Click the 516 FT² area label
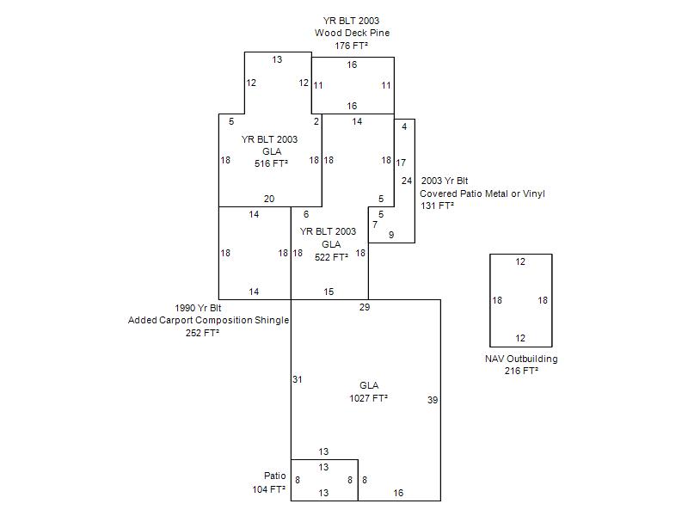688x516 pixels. tap(271, 163)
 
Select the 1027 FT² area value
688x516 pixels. tap(368, 398)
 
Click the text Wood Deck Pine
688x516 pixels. tap(351, 33)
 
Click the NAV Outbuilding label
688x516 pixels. tap(521, 359)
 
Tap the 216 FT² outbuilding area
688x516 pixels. tap(521, 371)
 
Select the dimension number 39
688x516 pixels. tap(433, 400)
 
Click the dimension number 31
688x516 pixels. tap(297, 379)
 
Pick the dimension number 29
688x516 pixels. tap(365, 307)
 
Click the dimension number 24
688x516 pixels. tap(407, 181)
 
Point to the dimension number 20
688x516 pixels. tap(269, 199)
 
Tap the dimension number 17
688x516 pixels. tap(401, 163)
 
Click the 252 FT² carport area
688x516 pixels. tap(202, 333)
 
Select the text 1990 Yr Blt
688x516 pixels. tap(198, 308)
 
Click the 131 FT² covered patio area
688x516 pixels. tap(436, 206)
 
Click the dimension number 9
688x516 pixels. tap(391, 234)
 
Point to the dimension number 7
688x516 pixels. tap(374, 224)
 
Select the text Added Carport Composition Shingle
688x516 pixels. tap(209, 321)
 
